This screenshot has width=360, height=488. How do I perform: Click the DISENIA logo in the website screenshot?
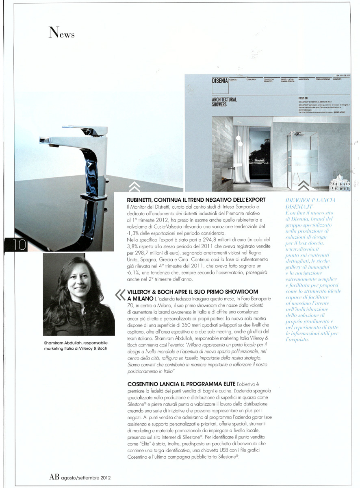220,81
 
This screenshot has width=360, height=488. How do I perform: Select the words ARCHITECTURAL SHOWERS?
225,102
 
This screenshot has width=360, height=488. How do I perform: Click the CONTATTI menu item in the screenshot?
337,79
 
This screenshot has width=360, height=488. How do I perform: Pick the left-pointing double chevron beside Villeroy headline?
120,294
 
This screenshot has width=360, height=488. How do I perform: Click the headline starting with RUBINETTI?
197,200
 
